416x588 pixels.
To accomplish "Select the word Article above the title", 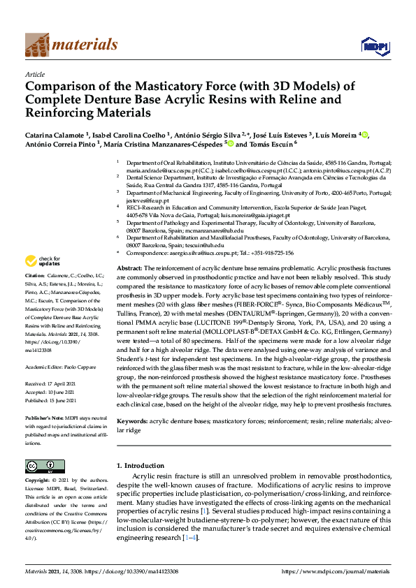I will pos(35,74).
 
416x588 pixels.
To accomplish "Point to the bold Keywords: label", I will pos(133,422).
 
